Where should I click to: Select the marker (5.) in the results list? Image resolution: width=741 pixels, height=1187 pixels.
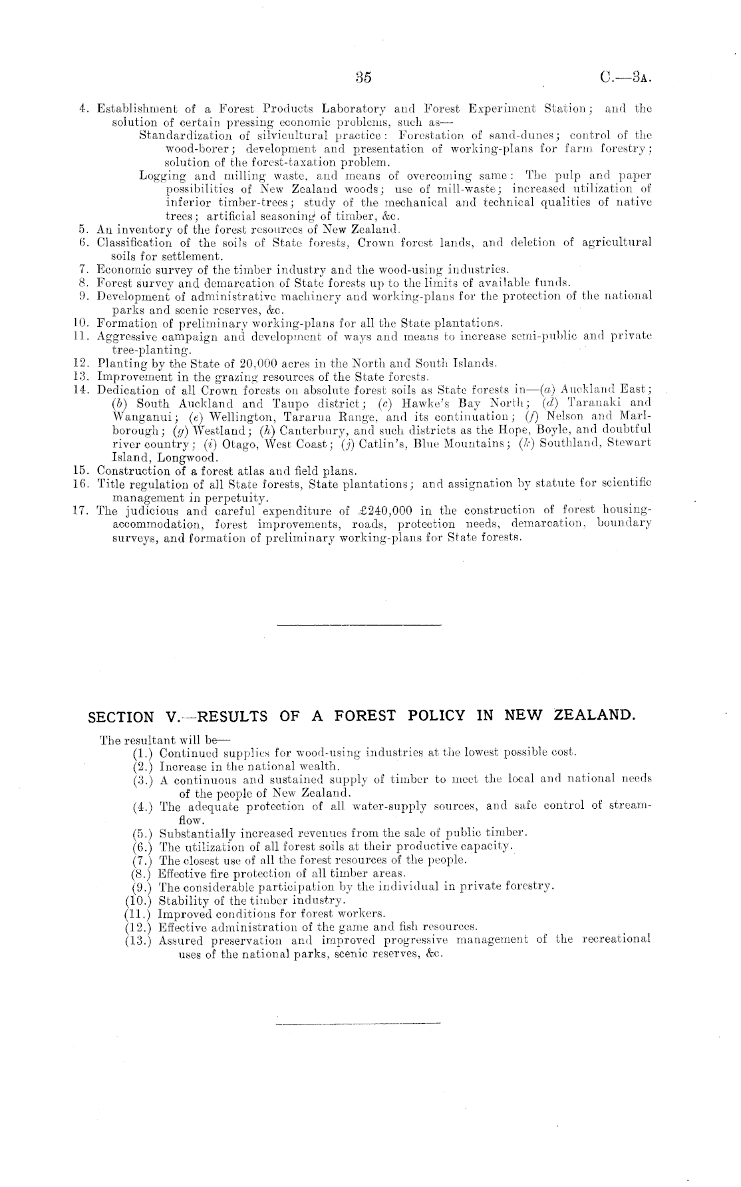click(x=142, y=833)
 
